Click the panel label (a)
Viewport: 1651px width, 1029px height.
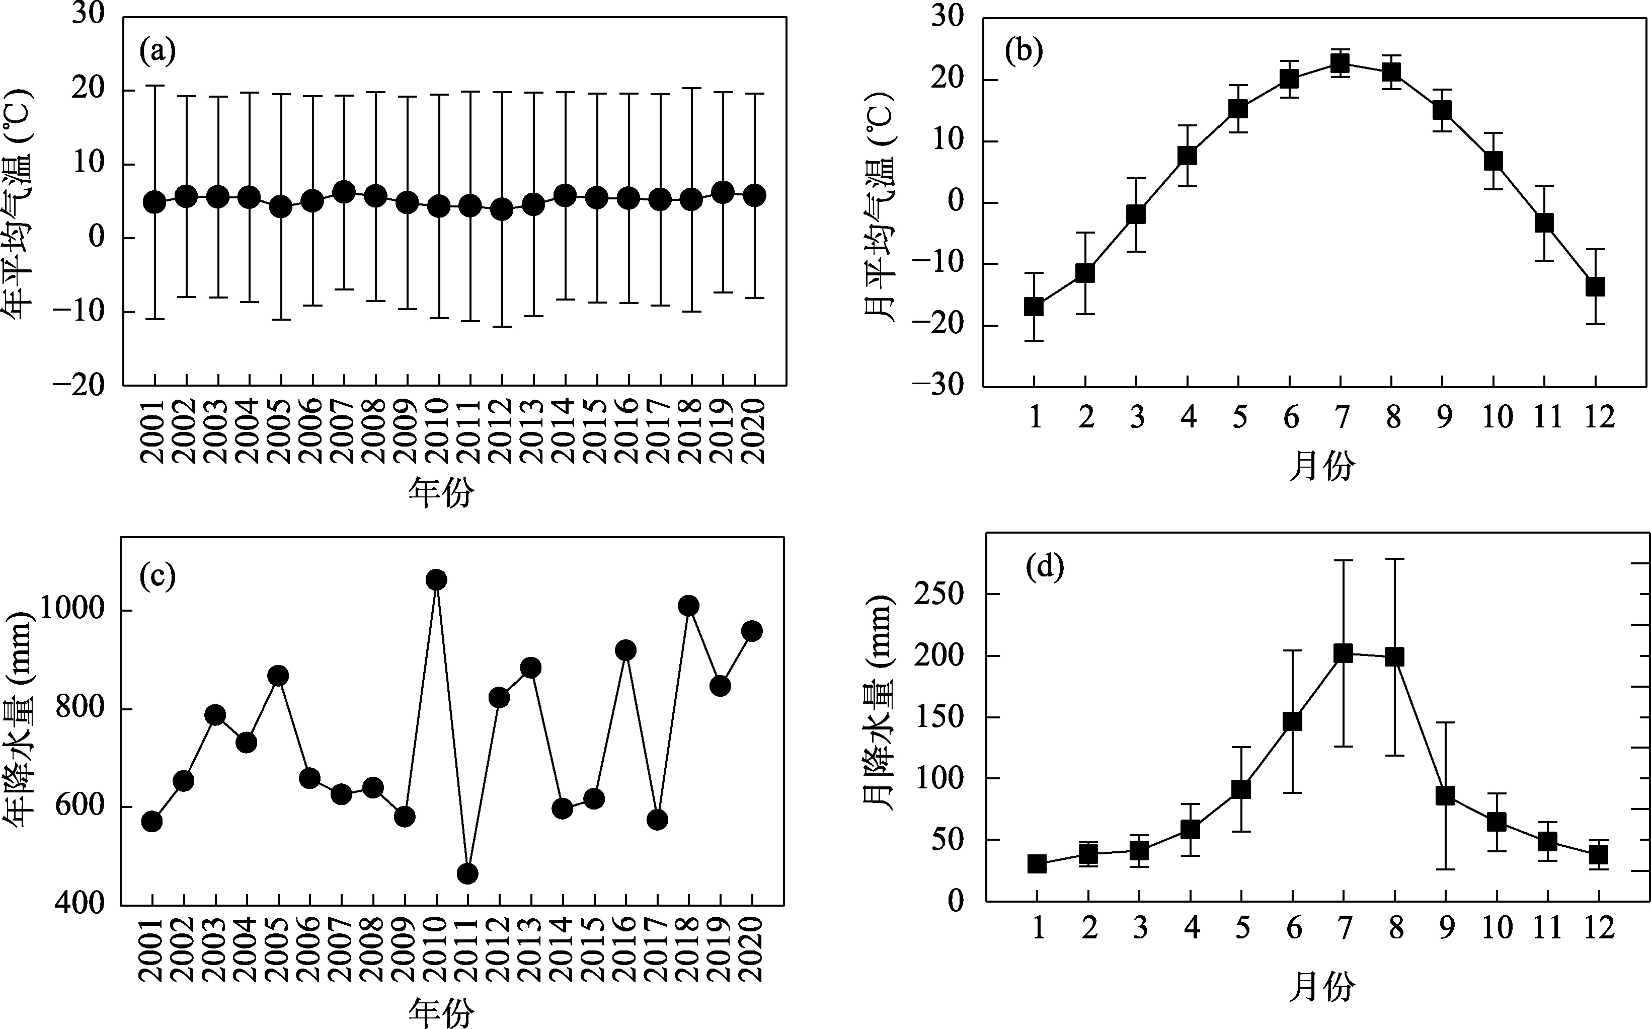pyautogui.click(x=157, y=51)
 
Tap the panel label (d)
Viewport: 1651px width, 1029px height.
pyautogui.click(x=1044, y=567)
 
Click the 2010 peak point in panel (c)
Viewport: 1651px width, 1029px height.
pyautogui.click(x=436, y=580)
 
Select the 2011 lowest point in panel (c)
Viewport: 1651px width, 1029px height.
pyautogui.click(x=467, y=873)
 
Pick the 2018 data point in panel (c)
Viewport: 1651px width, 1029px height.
pyautogui.click(x=688, y=605)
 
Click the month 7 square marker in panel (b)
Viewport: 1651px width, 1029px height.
pyautogui.click(x=1340, y=63)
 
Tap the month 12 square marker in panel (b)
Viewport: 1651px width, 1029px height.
pyautogui.click(x=1595, y=286)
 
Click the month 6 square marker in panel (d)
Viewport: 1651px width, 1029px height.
pyautogui.click(x=1292, y=721)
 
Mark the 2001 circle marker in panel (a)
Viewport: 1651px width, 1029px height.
pyautogui.click(x=154, y=202)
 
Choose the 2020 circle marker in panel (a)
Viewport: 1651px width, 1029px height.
pyautogui.click(x=754, y=196)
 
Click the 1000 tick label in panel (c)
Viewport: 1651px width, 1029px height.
pyautogui.click(x=72, y=609)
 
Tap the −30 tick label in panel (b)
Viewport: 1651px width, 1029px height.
pyautogui.click(x=939, y=386)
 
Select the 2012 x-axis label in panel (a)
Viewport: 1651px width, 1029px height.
pyautogui.click(x=501, y=431)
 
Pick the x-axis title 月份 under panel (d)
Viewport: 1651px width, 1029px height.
pyautogui.click(x=1322, y=987)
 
